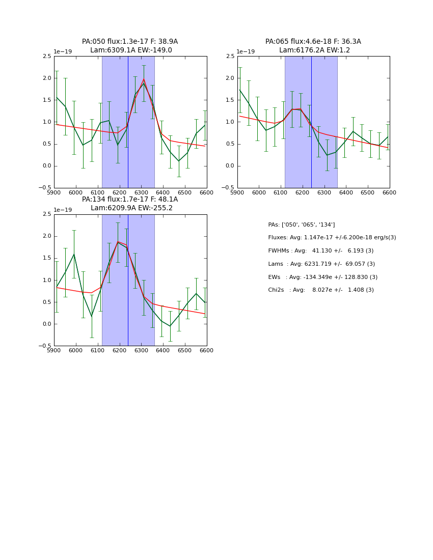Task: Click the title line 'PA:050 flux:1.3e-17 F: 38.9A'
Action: click(130, 42)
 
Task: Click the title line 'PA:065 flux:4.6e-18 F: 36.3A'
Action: click(313, 42)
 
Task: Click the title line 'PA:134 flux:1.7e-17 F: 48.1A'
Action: click(130, 200)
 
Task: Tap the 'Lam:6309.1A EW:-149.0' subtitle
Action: click(131, 50)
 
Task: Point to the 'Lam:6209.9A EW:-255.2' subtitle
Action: click(131, 208)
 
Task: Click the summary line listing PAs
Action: click(301, 225)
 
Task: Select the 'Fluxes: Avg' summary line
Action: click(332, 238)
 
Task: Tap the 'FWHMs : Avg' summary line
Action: click(320, 251)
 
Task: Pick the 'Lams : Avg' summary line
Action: click(321, 264)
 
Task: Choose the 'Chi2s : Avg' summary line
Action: click(320, 290)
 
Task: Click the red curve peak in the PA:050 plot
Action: click(144, 79)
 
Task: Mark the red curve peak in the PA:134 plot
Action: click(118, 242)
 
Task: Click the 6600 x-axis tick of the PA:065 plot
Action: click(389, 193)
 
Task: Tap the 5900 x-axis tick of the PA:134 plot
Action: click(54, 351)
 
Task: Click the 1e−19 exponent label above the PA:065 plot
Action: click(246, 52)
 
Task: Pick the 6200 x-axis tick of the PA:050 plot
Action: click(119, 193)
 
